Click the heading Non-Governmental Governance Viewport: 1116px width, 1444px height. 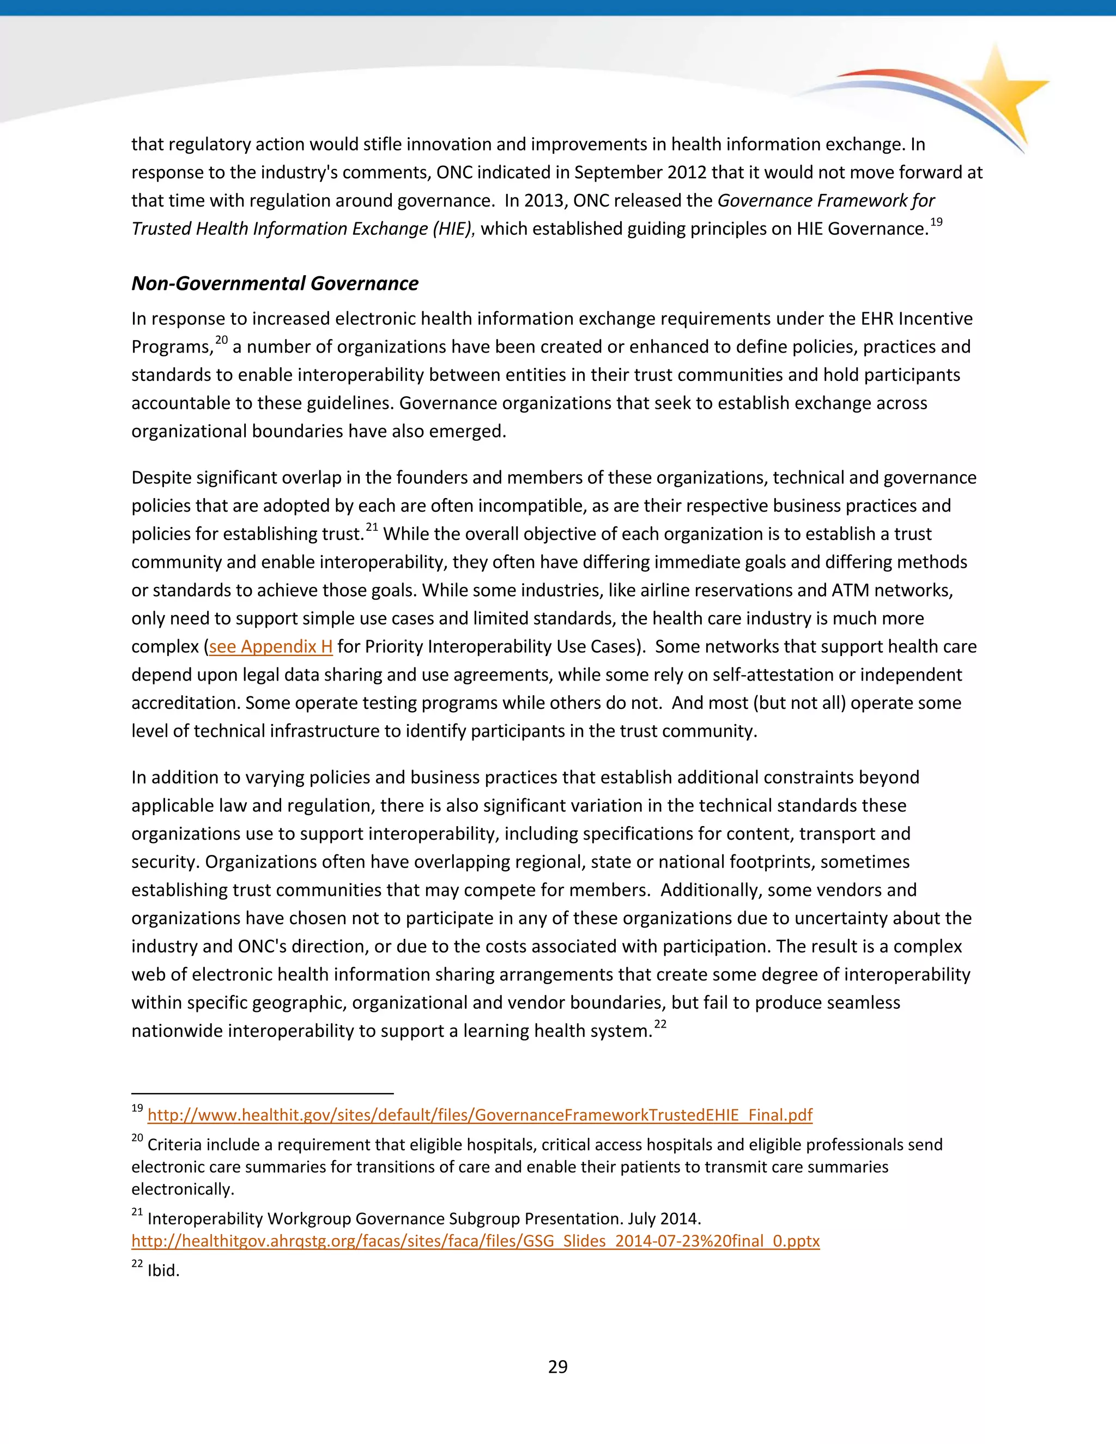point(275,284)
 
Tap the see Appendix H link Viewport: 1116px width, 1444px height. point(270,647)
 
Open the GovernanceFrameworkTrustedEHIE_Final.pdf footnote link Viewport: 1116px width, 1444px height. point(480,1115)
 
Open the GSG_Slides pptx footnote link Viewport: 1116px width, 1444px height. point(475,1241)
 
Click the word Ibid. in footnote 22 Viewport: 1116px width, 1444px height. point(163,1271)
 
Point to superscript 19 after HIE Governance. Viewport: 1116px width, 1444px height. point(936,222)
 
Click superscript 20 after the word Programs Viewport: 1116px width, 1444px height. point(221,341)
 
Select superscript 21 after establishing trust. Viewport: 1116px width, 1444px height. point(372,527)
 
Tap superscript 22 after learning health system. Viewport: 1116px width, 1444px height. point(660,1025)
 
